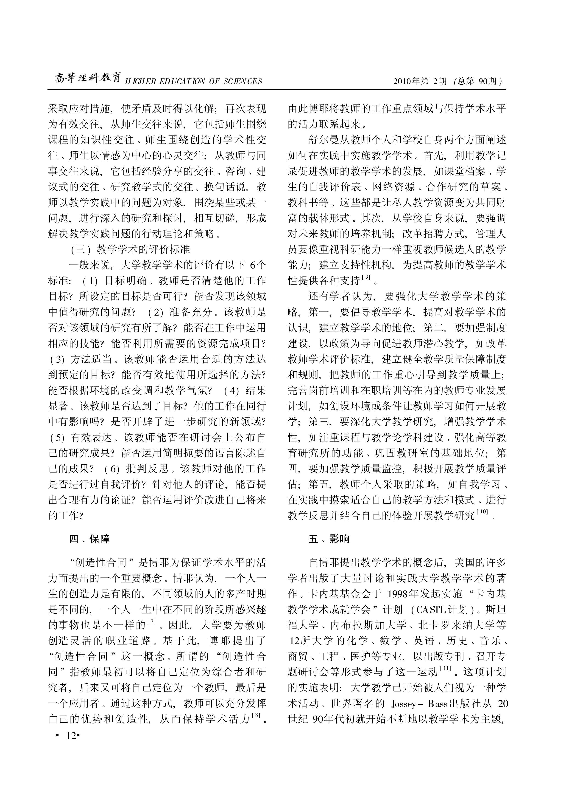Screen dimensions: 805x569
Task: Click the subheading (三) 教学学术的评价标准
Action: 130,249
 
